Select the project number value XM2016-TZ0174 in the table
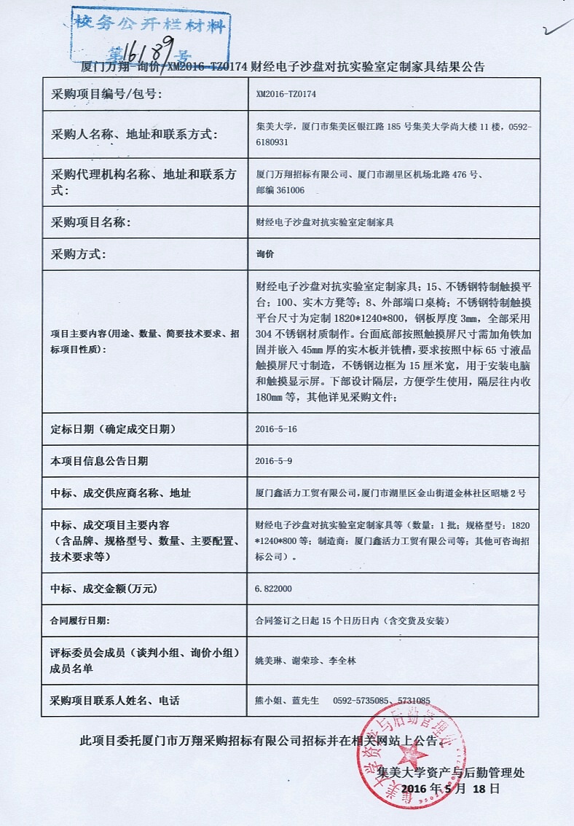point(286,94)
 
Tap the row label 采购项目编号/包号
point(106,94)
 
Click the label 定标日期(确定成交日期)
point(113,429)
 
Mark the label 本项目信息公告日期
point(99,461)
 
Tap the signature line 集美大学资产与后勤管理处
point(451,773)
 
